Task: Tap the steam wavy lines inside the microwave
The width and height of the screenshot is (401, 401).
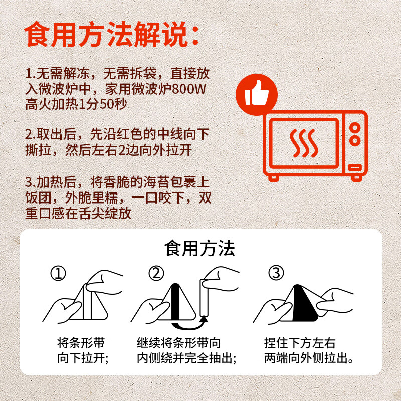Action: (304, 143)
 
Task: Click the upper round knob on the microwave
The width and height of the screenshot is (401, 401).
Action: (355, 127)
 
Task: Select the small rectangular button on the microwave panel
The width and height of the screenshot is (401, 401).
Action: (355, 168)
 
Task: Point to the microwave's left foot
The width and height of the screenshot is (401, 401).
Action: (273, 178)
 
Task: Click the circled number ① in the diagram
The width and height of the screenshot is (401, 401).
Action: (58, 273)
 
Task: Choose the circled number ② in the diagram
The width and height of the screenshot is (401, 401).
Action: (156, 273)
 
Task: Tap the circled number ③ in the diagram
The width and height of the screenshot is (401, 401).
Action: (276, 272)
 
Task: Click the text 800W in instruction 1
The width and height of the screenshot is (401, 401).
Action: (189, 89)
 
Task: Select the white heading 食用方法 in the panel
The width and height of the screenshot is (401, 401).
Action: (199, 248)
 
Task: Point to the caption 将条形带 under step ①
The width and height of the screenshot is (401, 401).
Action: (81, 343)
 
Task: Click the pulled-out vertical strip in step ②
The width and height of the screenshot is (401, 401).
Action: (204, 297)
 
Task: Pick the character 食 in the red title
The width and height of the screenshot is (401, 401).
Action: (37, 34)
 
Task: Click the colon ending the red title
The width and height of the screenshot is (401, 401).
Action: (195, 34)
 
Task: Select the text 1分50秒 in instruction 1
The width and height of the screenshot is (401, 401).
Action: (103, 104)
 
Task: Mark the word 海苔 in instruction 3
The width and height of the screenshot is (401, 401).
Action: (156, 182)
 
